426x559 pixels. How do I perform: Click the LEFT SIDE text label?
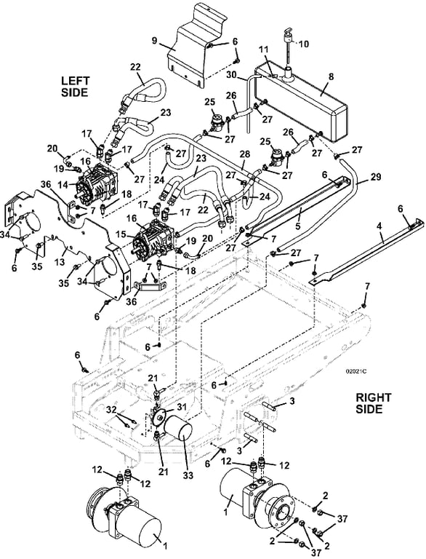[x=75, y=87]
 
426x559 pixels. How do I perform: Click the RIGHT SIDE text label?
[x=373, y=403]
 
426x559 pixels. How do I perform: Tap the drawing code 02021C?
[x=355, y=371]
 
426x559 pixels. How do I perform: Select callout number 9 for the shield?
[x=154, y=41]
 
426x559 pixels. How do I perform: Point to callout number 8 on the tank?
[x=331, y=76]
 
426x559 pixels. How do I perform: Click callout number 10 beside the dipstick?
[x=303, y=44]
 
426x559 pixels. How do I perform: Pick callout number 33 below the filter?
[x=188, y=475]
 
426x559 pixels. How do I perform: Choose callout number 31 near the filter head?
[x=182, y=406]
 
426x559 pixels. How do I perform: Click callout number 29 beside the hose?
[x=375, y=176]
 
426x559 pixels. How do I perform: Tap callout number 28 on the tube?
[x=245, y=154]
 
